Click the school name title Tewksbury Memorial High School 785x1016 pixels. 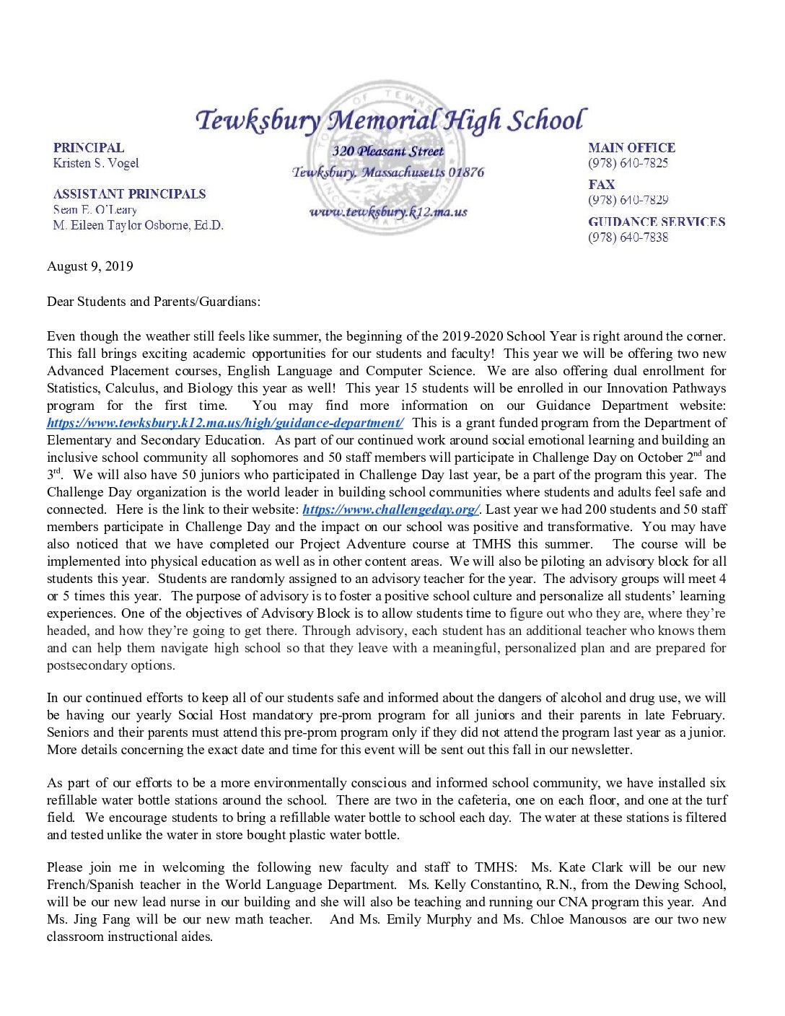[x=390, y=120]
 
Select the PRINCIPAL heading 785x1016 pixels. [x=88, y=147]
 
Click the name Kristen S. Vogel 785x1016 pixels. [x=96, y=163]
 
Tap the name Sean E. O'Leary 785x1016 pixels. [x=95, y=210]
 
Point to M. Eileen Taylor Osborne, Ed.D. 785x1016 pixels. [x=138, y=225]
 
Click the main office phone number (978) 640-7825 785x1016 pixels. [x=628, y=163]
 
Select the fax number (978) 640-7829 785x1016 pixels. [x=628, y=200]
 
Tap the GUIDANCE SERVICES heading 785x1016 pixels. [x=657, y=222]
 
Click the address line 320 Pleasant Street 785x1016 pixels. [x=388, y=152]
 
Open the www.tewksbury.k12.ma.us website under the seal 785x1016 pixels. [x=388, y=211]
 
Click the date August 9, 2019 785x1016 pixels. [x=90, y=266]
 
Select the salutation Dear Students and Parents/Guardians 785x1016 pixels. [x=154, y=302]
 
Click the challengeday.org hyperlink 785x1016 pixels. [x=390, y=509]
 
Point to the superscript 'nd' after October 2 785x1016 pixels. [x=697, y=454]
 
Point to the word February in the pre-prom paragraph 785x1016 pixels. [x=696, y=715]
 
